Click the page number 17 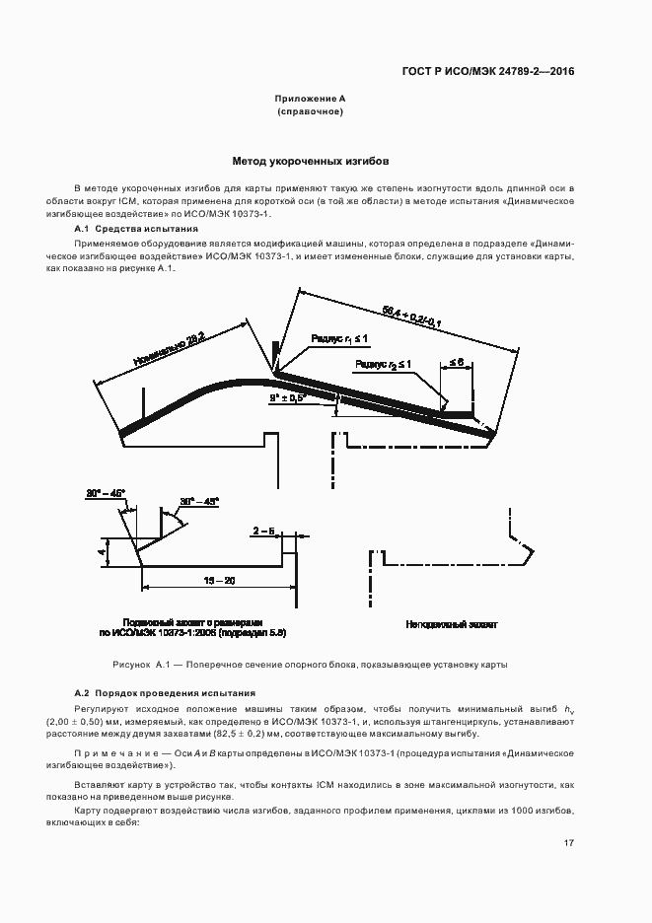569,842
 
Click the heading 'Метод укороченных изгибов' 311,160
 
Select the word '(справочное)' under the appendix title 311,112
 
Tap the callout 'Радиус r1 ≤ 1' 338,338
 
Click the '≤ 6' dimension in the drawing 457,363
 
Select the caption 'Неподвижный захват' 452,624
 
